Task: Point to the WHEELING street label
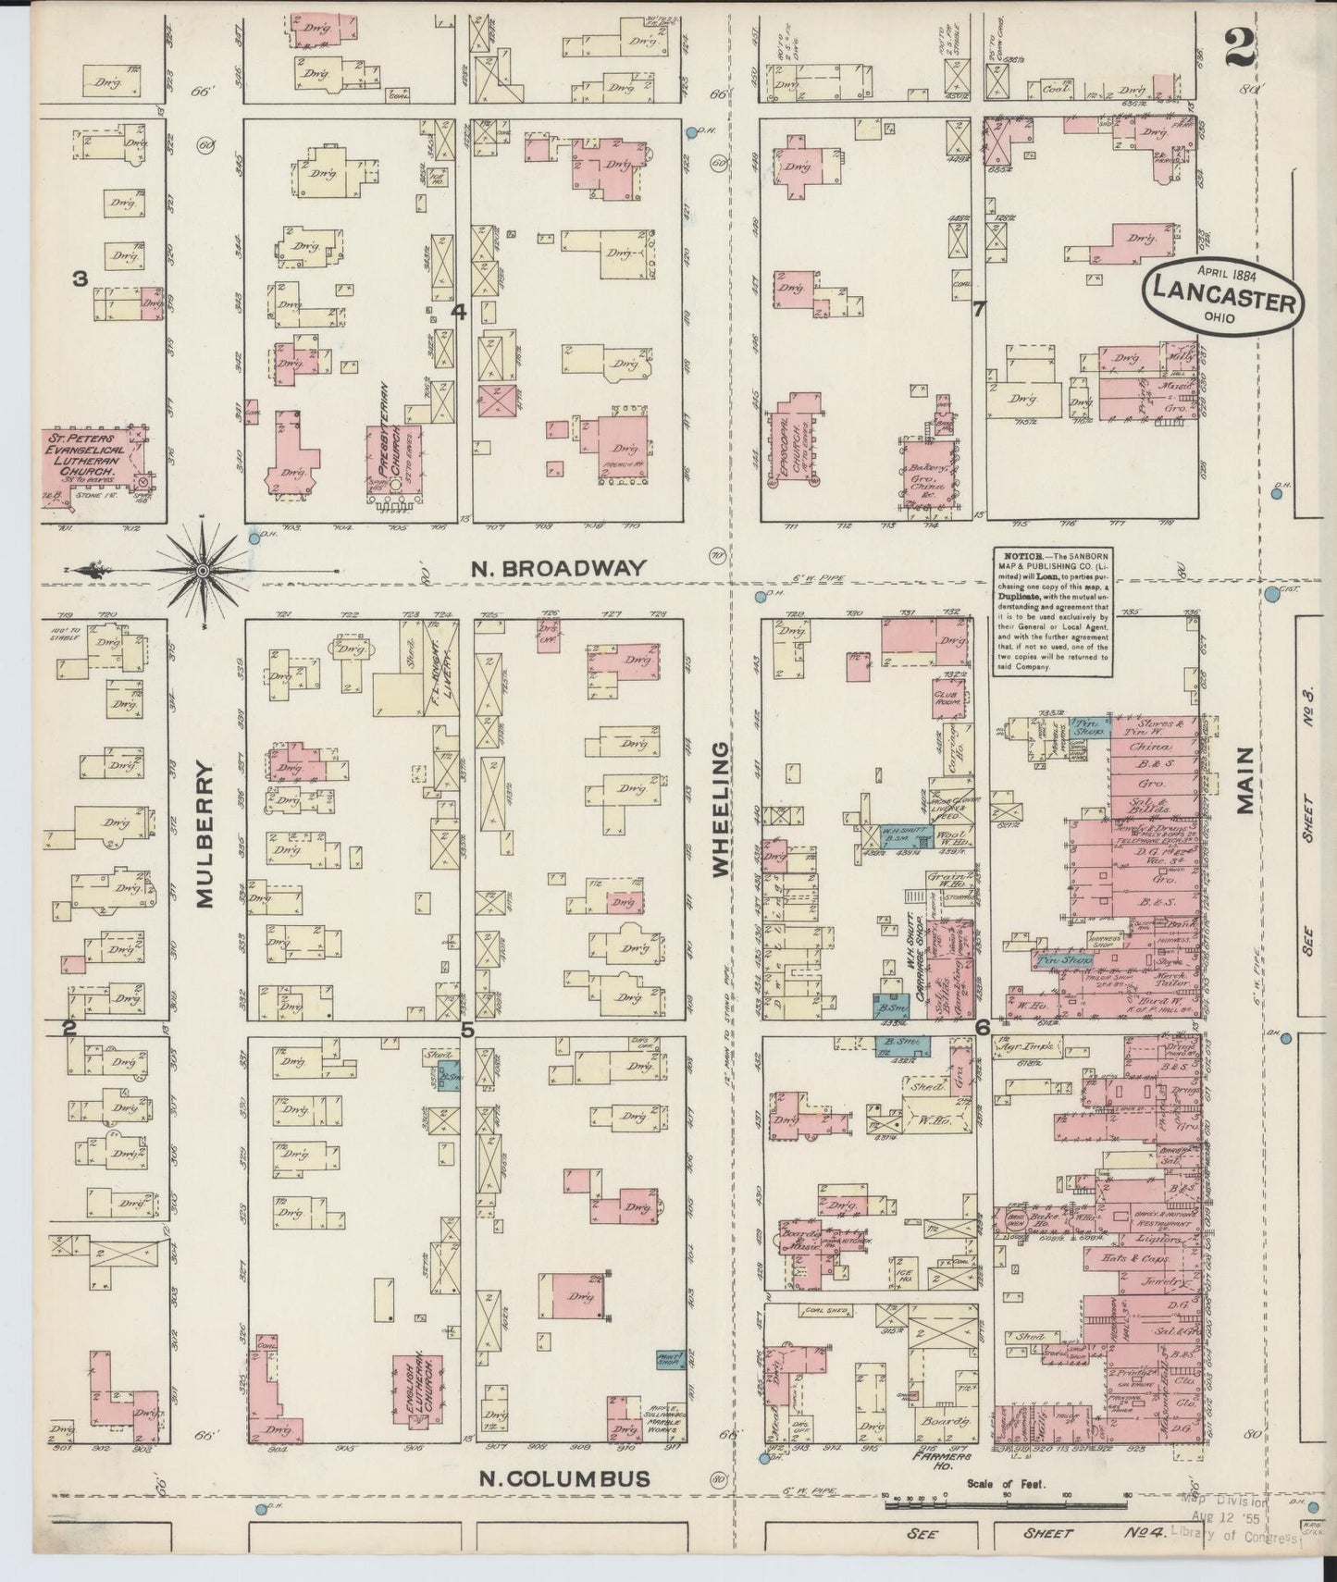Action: click(721, 808)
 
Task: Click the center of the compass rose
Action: click(202, 571)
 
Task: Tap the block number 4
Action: click(457, 313)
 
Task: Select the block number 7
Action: click(978, 309)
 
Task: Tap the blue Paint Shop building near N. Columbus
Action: click(670, 1360)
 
